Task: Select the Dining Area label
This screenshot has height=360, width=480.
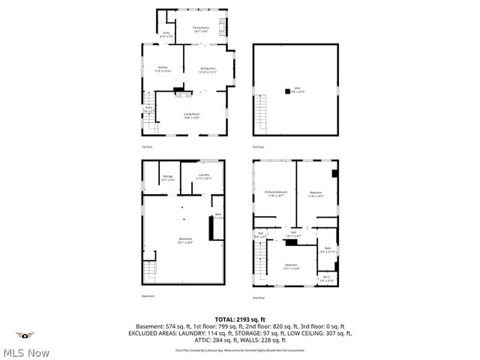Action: [x=208, y=70]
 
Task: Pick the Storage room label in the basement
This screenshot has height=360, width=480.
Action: [x=168, y=178]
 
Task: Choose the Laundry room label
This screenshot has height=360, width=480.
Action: [x=203, y=177]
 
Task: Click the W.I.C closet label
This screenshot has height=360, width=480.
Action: [x=327, y=278]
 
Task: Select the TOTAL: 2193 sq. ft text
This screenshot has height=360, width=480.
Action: [x=240, y=319]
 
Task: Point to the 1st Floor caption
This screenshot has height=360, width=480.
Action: [x=147, y=146]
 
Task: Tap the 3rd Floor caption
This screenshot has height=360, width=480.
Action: [x=258, y=146]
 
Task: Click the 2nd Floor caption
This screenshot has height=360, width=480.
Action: [x=258, y=298]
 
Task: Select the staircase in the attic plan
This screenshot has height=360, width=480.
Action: [x=261, y=116]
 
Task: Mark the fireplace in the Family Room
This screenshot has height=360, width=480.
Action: [x=221, y=27]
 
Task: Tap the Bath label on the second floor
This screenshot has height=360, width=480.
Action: [x=328, y=250]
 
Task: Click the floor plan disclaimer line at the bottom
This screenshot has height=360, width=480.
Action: [x=240, y=349]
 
